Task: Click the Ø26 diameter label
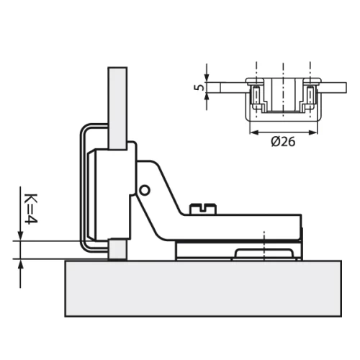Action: pyautogui.click(x=284, y=142)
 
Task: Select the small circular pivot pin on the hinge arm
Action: pyautogui.click(x=145, y=190)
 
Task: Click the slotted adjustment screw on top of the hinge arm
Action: pyautogui.click(x=202, y=209)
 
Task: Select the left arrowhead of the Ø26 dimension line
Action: pyautogui.click(x=252, y=132)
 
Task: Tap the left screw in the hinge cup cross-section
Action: pyautogui.click(x=255, y=94)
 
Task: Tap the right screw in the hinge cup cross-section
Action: pyautogui.click(x=310, y=94)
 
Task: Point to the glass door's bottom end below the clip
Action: pyautogui.click(x=117, y=252)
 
